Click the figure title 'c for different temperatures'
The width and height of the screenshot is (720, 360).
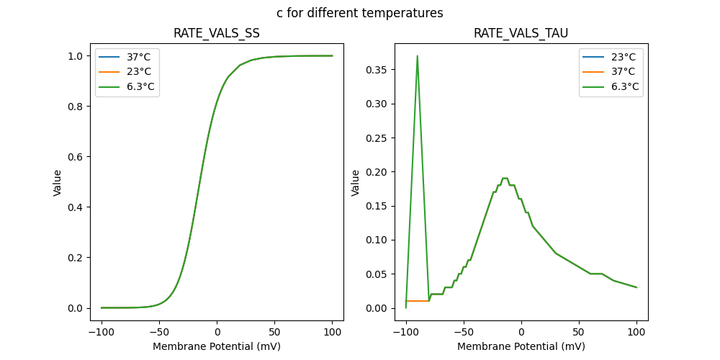coord(359,13)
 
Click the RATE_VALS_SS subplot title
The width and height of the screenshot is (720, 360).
coord(216,34)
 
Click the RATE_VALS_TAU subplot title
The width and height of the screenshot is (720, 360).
coord(521,34)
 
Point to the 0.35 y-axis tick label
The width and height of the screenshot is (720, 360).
coord(377,70)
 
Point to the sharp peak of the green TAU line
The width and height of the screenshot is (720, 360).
coord(417,56)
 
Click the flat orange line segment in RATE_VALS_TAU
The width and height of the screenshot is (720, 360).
coord(418,301)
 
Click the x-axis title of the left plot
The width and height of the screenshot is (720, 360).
coord(216,346)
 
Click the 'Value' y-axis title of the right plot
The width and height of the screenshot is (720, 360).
coord(355,183)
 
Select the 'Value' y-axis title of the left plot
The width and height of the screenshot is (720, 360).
coord(58,183)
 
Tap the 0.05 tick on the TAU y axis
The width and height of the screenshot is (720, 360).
coord(377,274)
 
